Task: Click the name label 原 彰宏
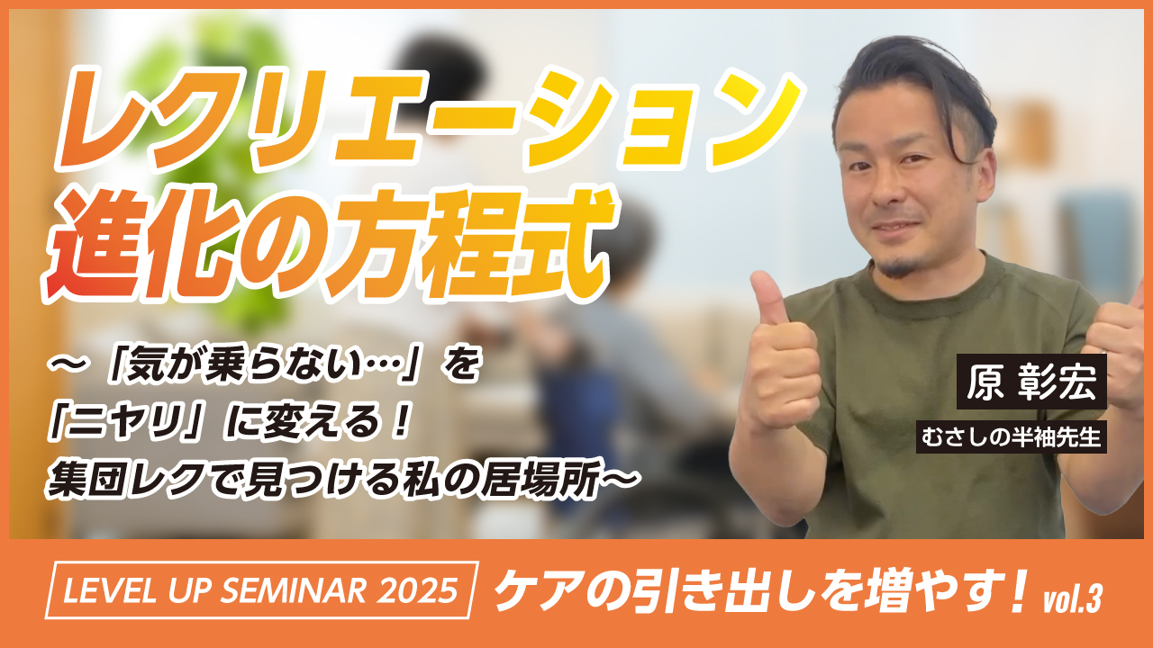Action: (1031, 382)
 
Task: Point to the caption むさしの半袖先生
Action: (1011, 436)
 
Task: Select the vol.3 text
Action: (1072, 600)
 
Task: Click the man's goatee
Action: (899, 267)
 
